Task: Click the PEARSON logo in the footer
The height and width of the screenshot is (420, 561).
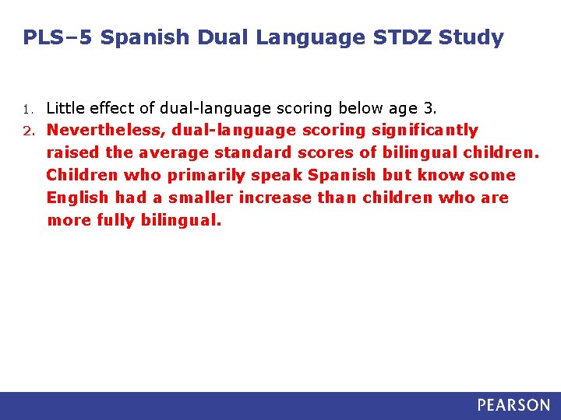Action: click(x=513, y=405)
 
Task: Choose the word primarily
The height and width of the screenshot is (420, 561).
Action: click(x=203, y=175)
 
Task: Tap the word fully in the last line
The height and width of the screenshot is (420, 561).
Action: click(x=116, y=220)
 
